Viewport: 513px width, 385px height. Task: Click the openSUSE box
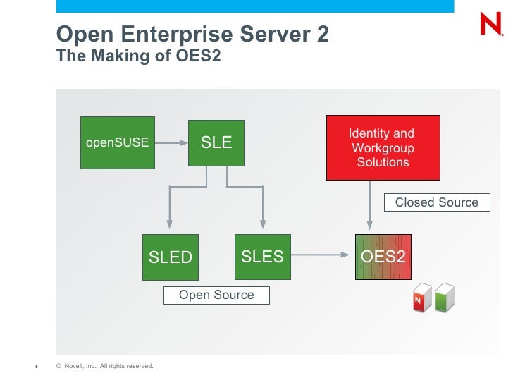(117, 142)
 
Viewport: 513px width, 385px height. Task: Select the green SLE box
(216, 142)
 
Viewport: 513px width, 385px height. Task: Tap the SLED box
(170, 257)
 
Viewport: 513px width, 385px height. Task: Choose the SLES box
(262, 257)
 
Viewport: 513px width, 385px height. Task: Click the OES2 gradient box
(383, 257)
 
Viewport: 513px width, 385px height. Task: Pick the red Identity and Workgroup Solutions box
(383, 147)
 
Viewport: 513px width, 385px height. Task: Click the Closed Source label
(436, 203)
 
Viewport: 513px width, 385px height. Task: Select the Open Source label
(216, 295)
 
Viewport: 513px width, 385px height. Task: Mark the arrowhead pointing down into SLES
(262, 225)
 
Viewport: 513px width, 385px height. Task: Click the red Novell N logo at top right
(490, 24)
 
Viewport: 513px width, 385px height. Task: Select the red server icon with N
(421, 298)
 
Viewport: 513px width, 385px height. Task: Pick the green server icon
(444, 297)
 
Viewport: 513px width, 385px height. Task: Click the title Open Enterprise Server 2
(192, 35)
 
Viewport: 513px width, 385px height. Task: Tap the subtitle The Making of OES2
(139, 56)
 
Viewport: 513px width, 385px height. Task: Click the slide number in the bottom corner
(36, 367)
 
